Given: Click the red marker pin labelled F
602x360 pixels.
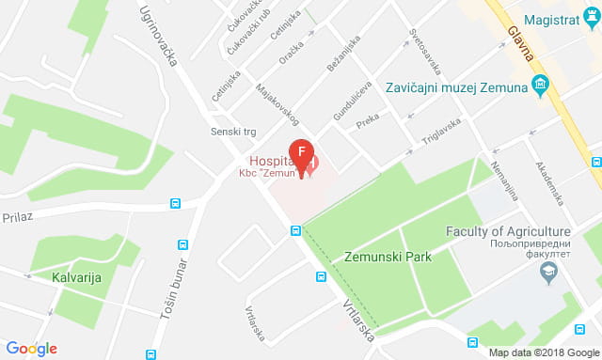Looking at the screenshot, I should pyautogui.click(x=301, y=151).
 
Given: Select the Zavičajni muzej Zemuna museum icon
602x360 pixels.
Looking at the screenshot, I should pyautogui.click(x=540, y=88).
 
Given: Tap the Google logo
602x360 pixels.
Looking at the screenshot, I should pyautogui.click(x=31, y=348).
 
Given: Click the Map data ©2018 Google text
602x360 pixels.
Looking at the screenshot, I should pyautogui.click(x=543, y=352).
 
